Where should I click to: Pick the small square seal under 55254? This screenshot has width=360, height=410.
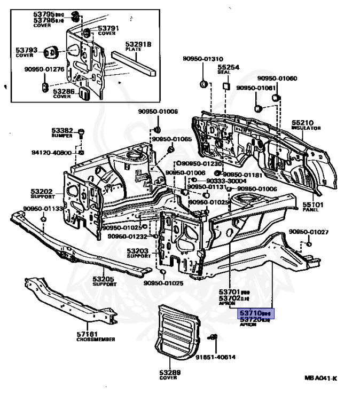[226, 85]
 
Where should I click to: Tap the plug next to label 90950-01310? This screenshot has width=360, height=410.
[204, 84]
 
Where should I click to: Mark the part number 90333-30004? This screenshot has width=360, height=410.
[249, 181]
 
